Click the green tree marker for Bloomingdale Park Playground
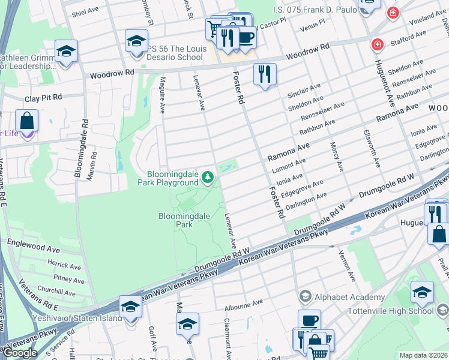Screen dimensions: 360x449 coord(208,176)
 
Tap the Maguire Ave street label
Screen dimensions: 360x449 coord(161,99)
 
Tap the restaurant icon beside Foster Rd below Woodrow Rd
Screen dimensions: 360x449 coord(264,75)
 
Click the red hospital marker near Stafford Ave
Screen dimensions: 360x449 coord(377,44)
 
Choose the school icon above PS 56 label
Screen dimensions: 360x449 coord(136,41)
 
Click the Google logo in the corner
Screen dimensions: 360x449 coord(20,353)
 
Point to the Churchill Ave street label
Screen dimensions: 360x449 coord(55,290)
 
